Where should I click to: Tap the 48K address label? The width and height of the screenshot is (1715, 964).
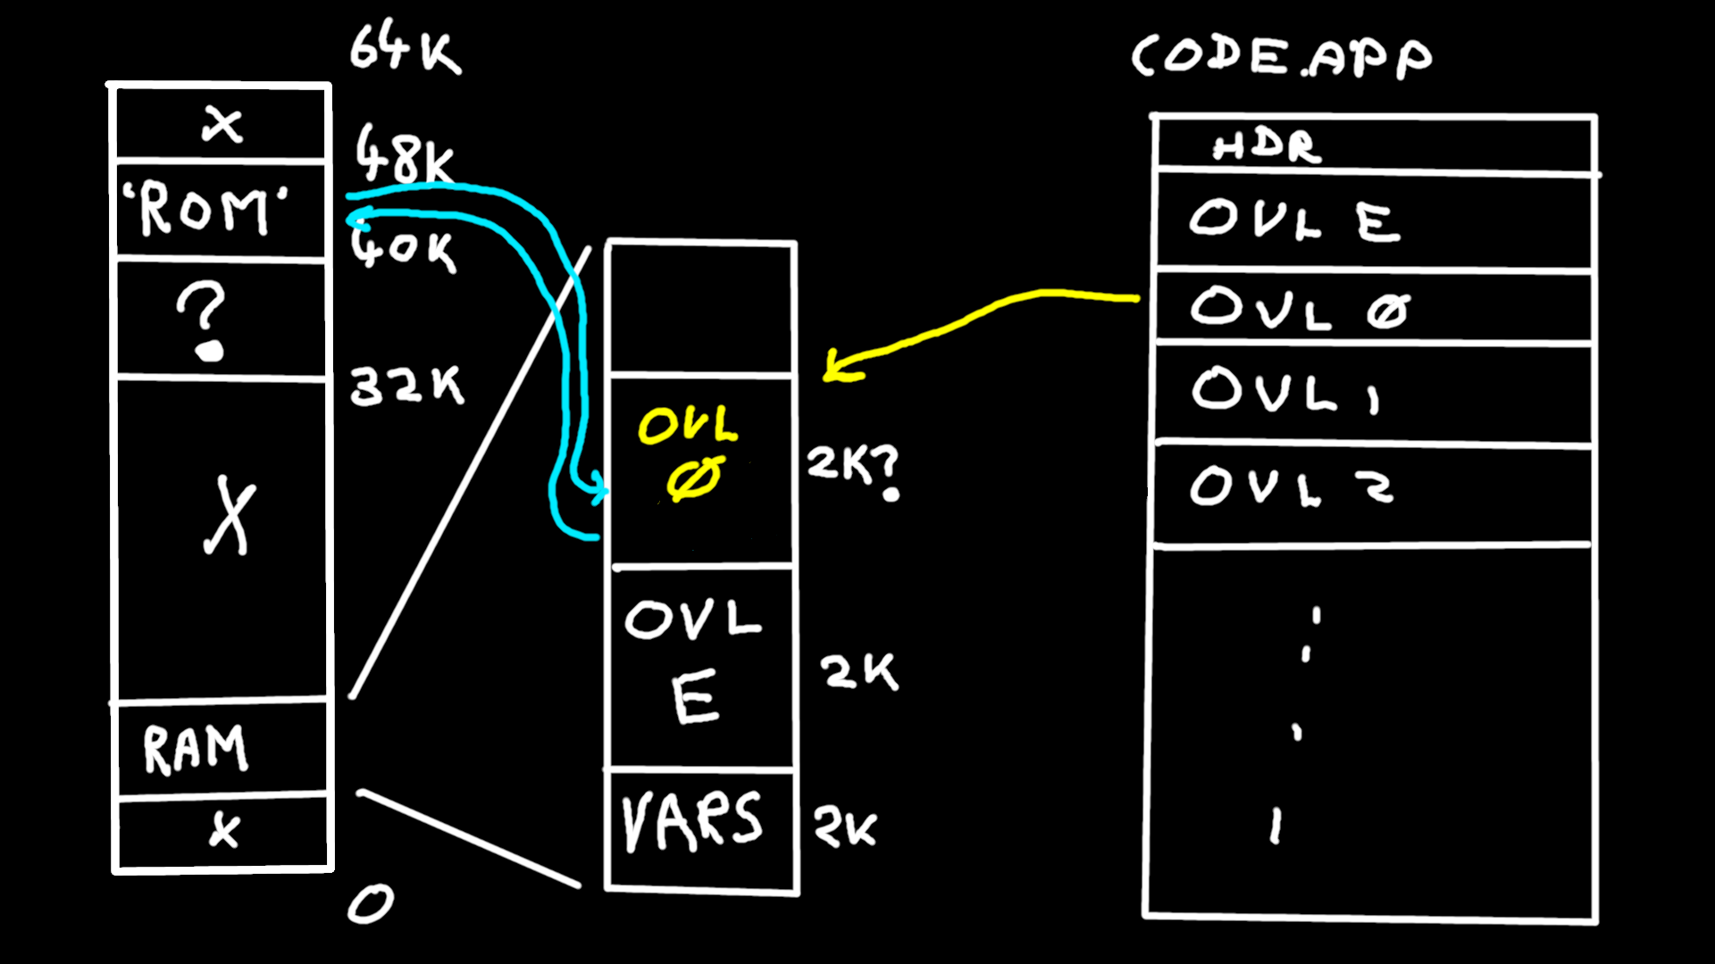404,154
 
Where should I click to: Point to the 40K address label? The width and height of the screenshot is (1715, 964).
404,248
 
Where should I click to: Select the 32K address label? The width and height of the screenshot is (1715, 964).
406,386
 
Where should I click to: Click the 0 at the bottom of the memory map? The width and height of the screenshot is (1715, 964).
370,904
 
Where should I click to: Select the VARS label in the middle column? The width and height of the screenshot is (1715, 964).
692,821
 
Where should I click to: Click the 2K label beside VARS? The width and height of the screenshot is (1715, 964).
845,828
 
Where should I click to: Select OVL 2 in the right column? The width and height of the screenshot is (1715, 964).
1291,486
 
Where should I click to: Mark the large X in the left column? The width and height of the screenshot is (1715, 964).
230,516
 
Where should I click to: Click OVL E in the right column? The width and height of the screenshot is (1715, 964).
1293,220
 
